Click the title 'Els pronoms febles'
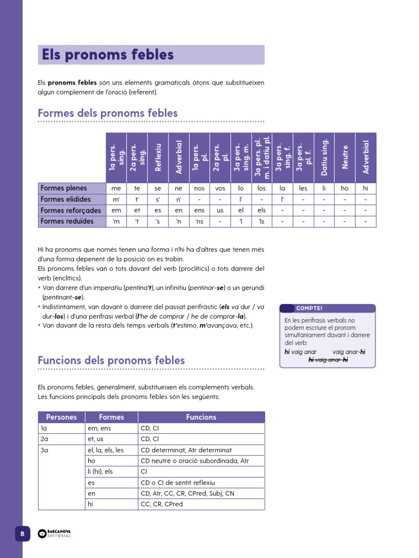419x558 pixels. coord(108,55)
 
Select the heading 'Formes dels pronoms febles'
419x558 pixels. coord(107,113)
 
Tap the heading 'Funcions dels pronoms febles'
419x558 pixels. coord(111,360)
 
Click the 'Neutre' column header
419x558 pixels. coord(345,157)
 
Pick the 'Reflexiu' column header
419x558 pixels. coord(159,157)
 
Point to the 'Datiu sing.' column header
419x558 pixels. coord(324,157)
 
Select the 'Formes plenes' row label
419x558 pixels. coord(64,189)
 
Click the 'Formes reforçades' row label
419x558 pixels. coord(71,210)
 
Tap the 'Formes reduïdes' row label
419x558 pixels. coord(67,222)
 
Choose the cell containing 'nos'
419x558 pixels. coord(199,189)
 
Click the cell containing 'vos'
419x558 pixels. coord(220,189)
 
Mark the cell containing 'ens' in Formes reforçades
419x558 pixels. coord(199,211)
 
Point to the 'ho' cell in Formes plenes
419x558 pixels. coord(345,189)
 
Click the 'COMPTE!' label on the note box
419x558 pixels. coord(309,308)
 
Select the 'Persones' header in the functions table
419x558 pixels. coord(62,417)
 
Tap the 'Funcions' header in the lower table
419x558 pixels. coord(201,417)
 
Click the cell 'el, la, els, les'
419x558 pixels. coord(106,450)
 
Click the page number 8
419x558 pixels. coord(22,534)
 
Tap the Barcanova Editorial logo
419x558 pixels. coord(55,534)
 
